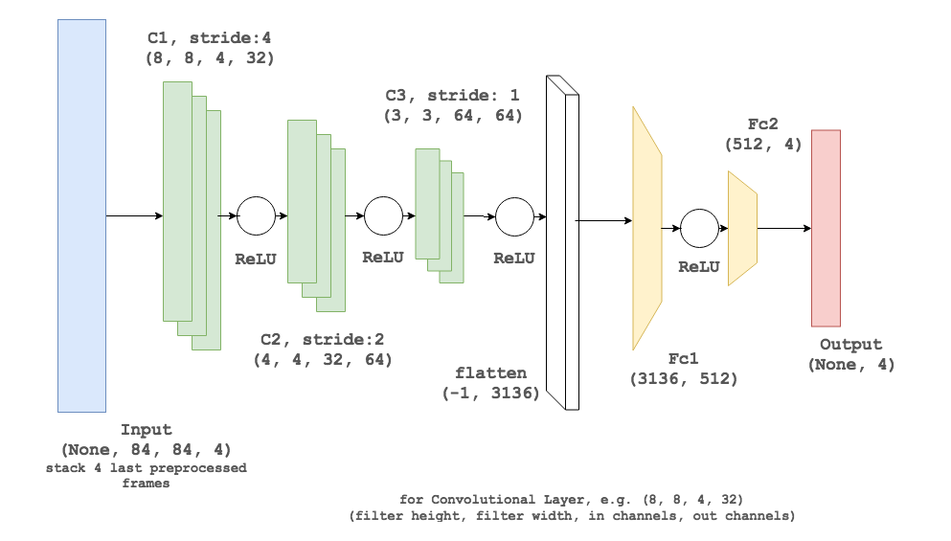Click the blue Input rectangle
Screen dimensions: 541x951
pyautogui.click(x=81, y=215)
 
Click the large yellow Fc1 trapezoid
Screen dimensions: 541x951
pyautogui.click(x=646, y=228)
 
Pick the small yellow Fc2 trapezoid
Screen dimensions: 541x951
pyautogui.click(x=742, y=228)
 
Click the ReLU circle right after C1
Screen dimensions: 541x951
pyautogui.click(x=256, y=215)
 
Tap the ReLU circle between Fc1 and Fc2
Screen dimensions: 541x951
pyautogui.click(x=699, y=228)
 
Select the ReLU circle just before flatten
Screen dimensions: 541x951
pyautogui.click(x=514, y=215)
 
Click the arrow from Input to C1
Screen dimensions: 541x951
pyautogui.click(x=134, y=215)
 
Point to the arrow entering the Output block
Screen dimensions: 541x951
pyautogui.click(x=784, y=228)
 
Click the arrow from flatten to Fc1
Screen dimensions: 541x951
pyautogui.click(x=603, y=221)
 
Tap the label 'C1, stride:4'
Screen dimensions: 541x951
pyautogui.click(x=210, y=38)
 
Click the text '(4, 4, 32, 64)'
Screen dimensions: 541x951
pyautogui.click(x=323, y=360)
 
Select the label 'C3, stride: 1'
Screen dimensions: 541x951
pyautogui.click(x=453, y=96)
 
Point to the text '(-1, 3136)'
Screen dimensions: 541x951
pyautogui.click(x=490, y=393)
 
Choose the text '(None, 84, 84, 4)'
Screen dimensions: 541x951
pyautogui.click(x=146, y=449)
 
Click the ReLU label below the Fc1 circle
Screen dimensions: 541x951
pyautogui.click(x=699, y=267)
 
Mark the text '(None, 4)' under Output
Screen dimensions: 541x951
pyautogui.click(x=851, y=364)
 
